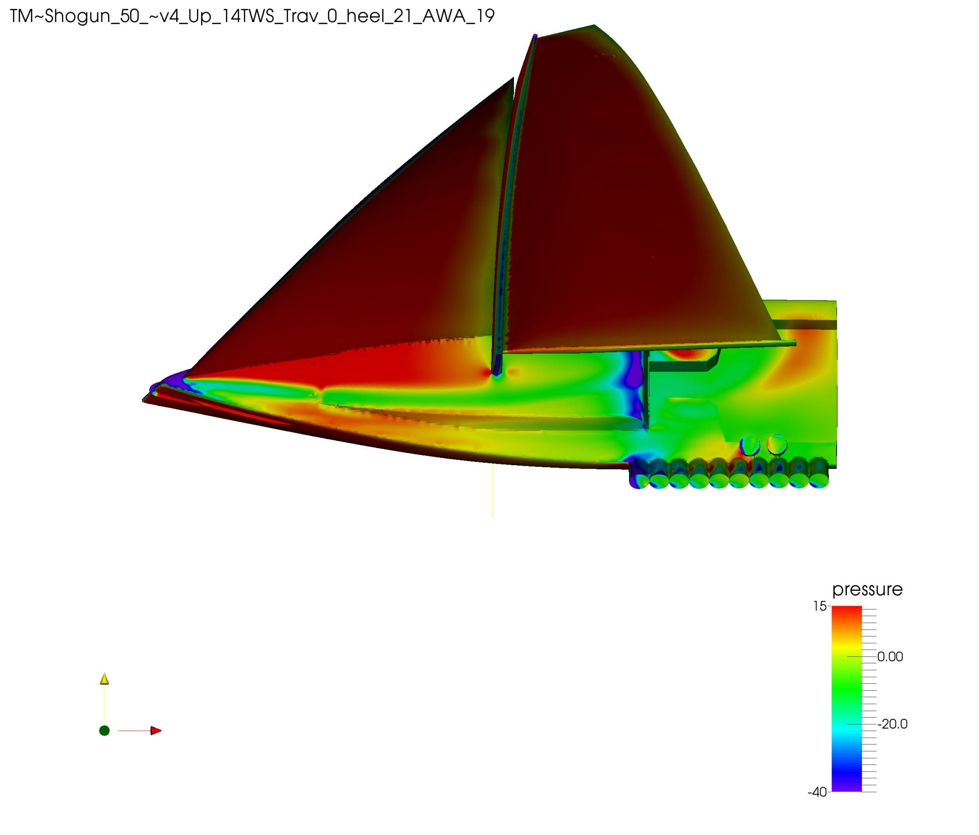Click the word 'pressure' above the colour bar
coord(867,590)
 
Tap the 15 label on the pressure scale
coord(820,607)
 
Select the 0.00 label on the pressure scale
coord(890,657)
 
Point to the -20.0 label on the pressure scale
coord(892,724)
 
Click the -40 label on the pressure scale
coord(817,792)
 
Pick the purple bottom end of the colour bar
coord(847,787)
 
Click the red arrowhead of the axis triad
coord(156,731)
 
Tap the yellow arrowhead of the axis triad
coord(104,678)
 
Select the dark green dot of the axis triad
coord(104,731)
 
